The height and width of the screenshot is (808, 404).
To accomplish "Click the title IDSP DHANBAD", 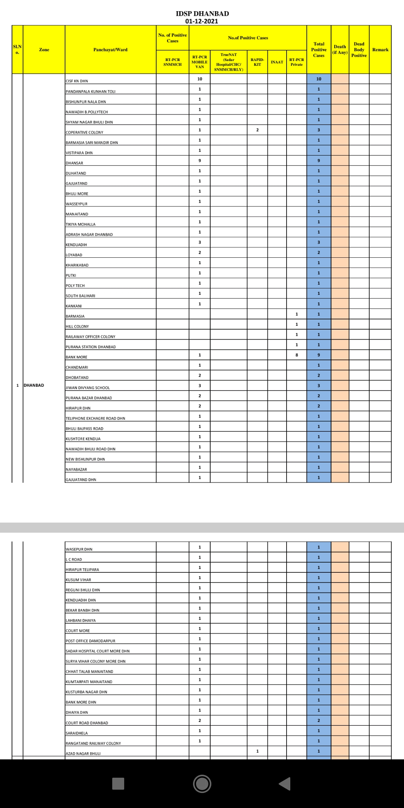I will coord(202,13).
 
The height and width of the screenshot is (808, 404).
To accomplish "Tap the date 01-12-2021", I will coord(202,21).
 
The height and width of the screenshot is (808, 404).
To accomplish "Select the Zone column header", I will coord(44,50).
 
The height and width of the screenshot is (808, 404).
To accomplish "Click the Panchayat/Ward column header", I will coord(110,50).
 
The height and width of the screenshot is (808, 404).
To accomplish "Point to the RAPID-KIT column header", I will coord(257,62).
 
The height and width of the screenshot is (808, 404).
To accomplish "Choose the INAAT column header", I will coord(277,62).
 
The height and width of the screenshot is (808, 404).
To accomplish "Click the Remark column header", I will coord(380,50).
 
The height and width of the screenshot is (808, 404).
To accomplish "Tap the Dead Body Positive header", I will coord(359,50).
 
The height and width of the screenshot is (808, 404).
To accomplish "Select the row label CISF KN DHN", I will coord(77,81).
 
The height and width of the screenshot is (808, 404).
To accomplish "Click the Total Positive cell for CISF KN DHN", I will coord(319,79).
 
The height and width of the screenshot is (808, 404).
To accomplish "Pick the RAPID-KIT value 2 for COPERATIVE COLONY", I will coord(257,130).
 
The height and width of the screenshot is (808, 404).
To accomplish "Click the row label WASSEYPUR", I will coord(77,204).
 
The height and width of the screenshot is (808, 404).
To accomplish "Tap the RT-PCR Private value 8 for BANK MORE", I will coord(297,355).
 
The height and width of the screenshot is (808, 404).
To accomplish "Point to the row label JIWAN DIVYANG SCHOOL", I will coord(88,388).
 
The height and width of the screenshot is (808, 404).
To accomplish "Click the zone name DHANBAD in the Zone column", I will coord(34,385).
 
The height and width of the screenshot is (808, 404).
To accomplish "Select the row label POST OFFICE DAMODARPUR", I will coord(91,641).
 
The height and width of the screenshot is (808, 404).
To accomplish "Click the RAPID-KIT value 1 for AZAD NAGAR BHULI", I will coord(257,751).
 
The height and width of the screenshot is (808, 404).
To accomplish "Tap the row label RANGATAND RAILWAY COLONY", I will coord(94,743).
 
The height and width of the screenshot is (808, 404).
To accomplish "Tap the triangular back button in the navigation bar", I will coord(285,784).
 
